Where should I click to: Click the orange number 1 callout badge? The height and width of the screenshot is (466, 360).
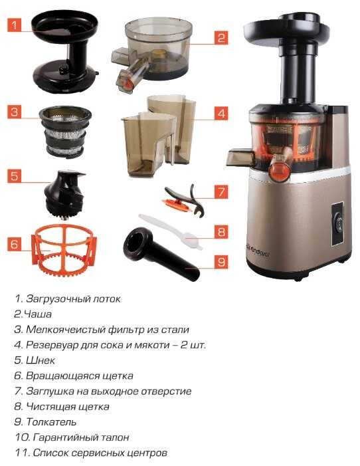14,25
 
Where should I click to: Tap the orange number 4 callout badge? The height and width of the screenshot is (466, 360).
221,113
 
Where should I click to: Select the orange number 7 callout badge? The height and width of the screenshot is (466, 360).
221,191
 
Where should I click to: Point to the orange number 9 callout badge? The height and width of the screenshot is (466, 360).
221,262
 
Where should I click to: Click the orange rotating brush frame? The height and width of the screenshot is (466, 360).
64,251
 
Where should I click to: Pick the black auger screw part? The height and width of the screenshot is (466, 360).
64,195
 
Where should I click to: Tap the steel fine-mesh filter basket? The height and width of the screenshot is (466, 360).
65,132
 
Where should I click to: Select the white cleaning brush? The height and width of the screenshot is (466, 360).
171,232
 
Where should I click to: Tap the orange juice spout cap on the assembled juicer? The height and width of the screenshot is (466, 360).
279,170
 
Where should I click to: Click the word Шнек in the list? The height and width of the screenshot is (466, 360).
41,360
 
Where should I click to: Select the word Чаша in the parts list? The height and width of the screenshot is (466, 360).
37,314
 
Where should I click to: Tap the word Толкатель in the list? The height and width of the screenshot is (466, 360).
51,421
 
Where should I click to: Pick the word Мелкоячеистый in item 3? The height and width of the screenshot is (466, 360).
64,330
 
